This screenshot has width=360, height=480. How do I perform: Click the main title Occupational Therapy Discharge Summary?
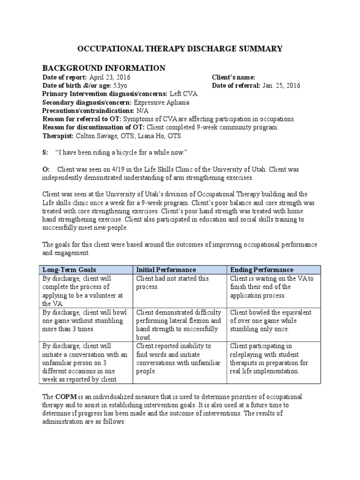click(x=180, y=48)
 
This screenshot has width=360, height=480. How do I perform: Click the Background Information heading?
click(x=104, y=68)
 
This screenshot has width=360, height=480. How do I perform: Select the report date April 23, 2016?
click(x=109, y=77)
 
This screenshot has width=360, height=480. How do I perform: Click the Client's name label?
click(x=233, y=77)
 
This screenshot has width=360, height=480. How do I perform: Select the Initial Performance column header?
click(x=166, y=270)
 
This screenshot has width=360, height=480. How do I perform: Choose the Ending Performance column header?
click(x=262, y=270)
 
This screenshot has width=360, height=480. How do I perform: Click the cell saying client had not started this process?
click(x=172, y=283)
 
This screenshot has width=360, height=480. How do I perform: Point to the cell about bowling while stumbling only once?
click(x=270, y=321)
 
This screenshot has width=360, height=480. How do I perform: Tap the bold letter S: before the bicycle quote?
click(x=45, y=153)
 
